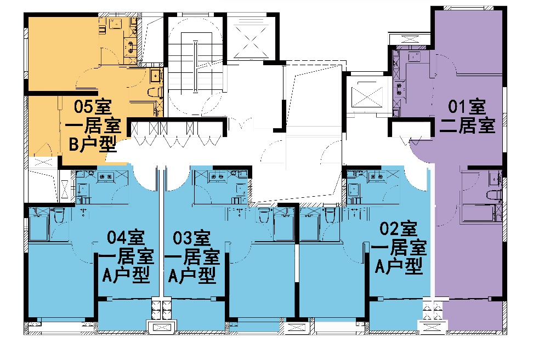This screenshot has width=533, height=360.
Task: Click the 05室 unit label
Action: point(93,106)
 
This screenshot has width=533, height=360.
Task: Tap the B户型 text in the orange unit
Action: point(93,144)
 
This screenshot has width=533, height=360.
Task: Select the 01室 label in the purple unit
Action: point(467,106)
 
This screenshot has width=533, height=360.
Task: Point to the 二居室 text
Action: point(467,125)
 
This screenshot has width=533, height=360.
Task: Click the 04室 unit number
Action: point(126,237)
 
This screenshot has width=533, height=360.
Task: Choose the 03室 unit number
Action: point(192,238)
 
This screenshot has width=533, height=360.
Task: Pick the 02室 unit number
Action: point(398,228)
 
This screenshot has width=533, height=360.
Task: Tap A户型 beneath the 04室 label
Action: point(126,275)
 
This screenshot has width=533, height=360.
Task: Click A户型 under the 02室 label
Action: point(399,266)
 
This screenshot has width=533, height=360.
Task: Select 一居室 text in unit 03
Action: point(192,257)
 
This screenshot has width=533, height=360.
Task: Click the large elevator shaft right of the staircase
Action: point(251,38)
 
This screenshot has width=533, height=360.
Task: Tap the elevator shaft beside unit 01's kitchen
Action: point(367,95)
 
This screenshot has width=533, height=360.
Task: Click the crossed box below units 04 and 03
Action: point(162,327)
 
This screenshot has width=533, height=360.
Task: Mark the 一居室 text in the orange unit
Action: point(93,125)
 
